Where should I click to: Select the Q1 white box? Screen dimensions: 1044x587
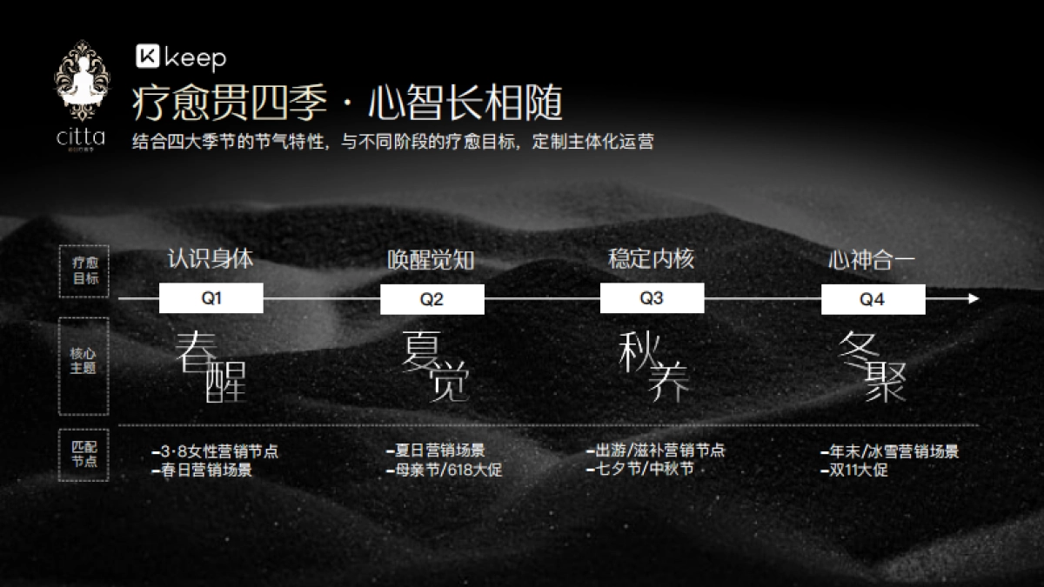tap(211, 298)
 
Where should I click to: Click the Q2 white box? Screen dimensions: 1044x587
tap(432, 299)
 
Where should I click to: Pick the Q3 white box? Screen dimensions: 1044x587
tap(652, 298)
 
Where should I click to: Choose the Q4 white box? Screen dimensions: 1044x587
tap(873, 299)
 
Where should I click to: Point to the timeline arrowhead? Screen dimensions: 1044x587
tap(974, 298)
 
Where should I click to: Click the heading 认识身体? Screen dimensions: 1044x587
tap(211, 258)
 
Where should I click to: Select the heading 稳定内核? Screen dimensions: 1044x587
tap(651, 258)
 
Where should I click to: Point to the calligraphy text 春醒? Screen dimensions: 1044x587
tap(211, 366)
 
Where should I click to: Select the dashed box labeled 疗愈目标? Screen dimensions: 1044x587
tap(84, 270)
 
